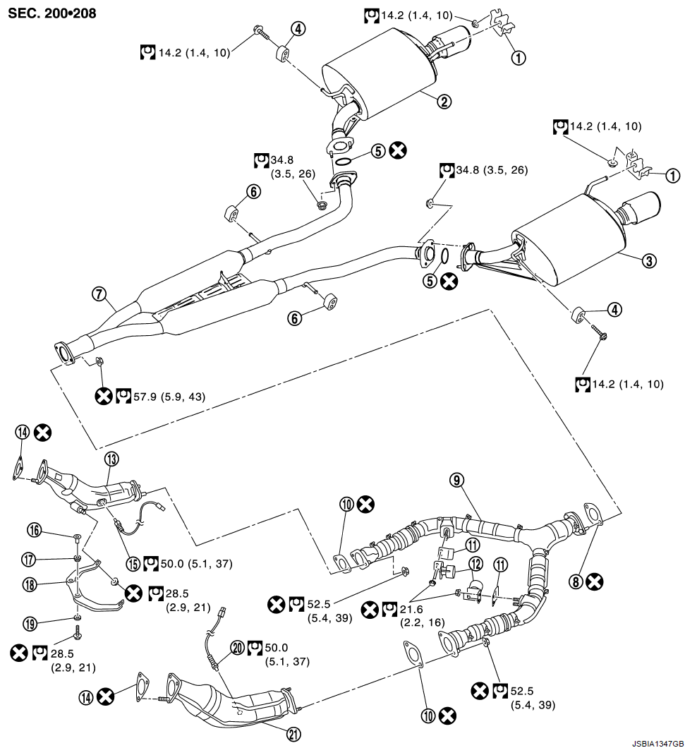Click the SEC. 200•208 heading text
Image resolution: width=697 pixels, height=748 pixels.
click(x=53, y=13)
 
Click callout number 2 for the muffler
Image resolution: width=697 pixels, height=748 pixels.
click(x=444, y=102)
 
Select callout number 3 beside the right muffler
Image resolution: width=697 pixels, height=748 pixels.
click(x=649, y=260)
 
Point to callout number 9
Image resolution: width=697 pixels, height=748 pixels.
click(x=456, y=480)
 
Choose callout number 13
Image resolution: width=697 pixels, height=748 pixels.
click(x=110, y=459)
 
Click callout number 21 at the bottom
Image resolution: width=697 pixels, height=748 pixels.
click(x=293, y=734)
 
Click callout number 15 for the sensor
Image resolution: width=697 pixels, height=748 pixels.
click(x=133, y=563)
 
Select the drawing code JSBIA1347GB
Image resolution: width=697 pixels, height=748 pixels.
click(x=657, y=743)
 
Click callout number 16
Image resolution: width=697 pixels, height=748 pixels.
click(x=33, y=529)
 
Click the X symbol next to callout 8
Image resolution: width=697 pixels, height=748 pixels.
click(x=595, y=581)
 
